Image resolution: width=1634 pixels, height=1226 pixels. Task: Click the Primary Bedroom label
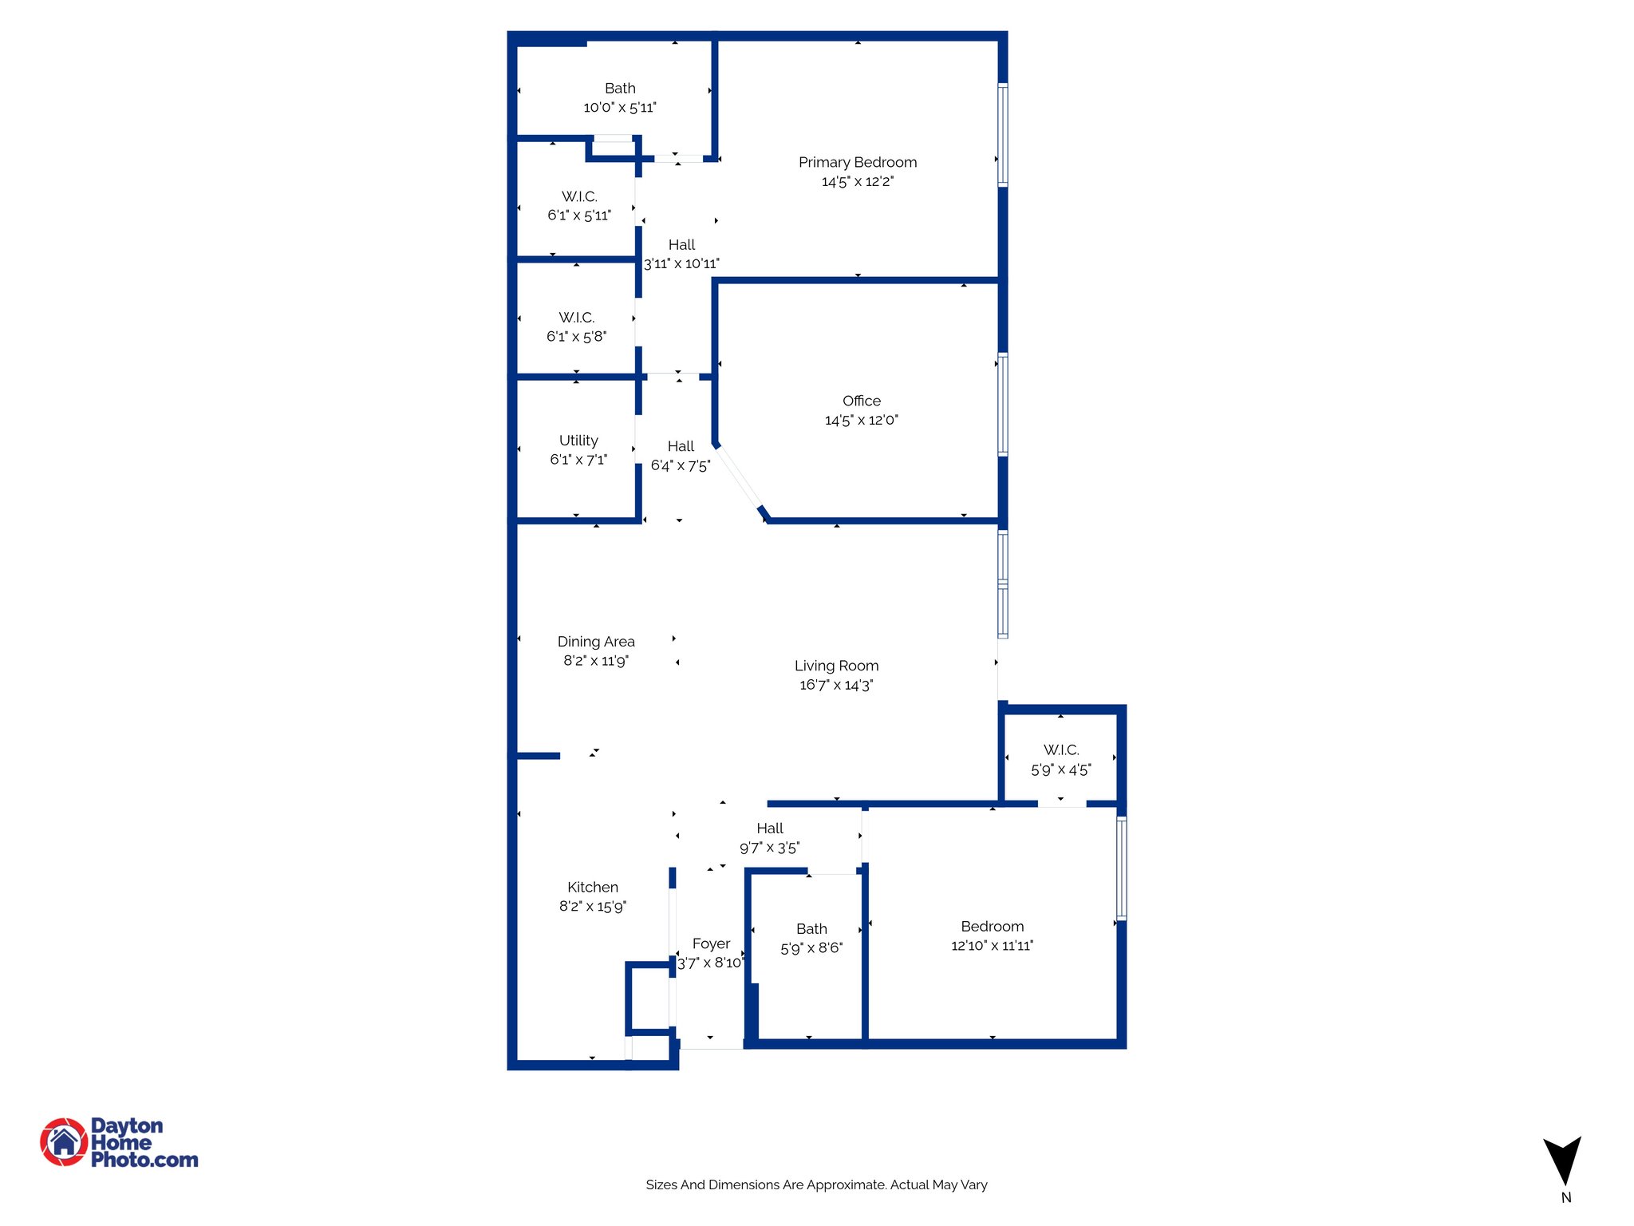(x=858, y=163)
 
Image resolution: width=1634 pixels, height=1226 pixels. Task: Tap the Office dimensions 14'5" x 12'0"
(x=861, y=421)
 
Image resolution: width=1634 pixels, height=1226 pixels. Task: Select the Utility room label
(x=578, y=441)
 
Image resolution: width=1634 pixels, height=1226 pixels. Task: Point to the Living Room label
(x=836, y=666)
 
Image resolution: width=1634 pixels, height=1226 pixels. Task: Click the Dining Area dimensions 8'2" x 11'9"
(x=596, y=661)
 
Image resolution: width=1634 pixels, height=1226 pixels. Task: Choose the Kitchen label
(x=592, y=888)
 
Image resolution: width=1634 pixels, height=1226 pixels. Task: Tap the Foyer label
(x=711, y=944)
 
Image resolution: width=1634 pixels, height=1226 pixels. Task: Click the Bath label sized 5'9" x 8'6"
(x=811, y=929)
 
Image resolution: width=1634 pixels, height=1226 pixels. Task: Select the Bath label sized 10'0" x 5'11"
(x=620, y=89)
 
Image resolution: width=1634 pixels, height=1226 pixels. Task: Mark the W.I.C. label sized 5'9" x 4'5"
(x=1061, y=750)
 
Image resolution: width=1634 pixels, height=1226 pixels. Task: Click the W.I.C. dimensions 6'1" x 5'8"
(x=576, y=337)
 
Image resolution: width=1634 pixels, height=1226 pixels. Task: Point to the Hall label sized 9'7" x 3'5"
(x=770, y=829)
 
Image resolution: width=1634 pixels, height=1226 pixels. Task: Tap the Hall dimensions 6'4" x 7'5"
(x=681, y=466)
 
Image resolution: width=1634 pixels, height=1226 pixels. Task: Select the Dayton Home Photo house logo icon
(x=64, y=1142)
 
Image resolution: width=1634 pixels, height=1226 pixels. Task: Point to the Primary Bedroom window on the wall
(x=1003, y=135)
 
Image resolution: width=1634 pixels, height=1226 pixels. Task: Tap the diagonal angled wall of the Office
(x=740, y=479)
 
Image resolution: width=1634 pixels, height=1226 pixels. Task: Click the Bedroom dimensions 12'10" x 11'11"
(x=992, y=946)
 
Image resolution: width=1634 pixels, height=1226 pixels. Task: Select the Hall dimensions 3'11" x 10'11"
(x=681, y=264)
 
